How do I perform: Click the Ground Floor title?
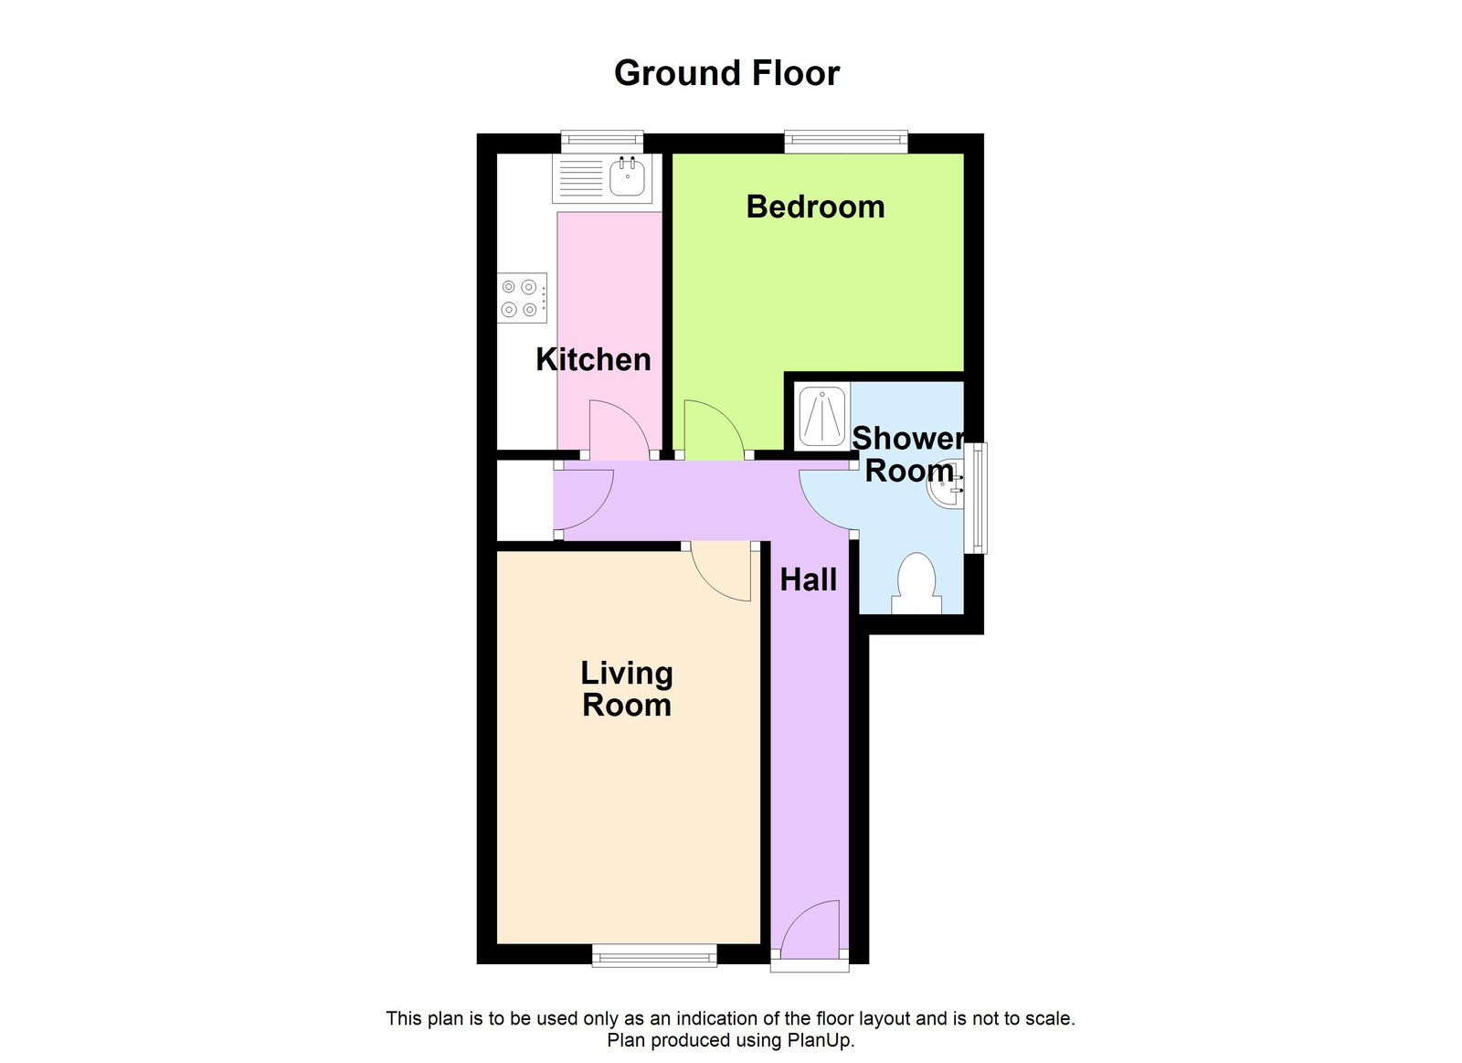(x=726, y=73)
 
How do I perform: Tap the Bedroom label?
(x=815, y=207)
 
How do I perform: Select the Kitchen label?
(x=593, y=359)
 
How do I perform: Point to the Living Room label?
(x=627, y=688)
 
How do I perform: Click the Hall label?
(x=808, y=579)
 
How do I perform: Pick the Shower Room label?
(x=908, y=454)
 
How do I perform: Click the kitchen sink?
(x=627, y=177)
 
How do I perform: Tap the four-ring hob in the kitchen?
(x=523, y=298)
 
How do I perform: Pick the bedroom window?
(x=845, y=141)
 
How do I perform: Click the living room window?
(x=653, y=957)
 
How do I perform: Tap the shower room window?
(x=978, y=498)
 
